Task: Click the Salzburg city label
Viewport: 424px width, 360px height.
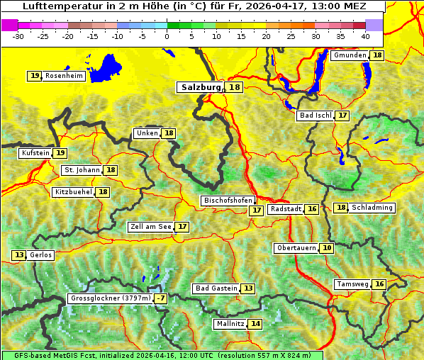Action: (x=200, y=87)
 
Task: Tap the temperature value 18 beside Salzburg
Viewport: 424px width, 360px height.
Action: (x=235, y=87)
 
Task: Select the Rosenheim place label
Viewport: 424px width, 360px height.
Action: (x=64, y=76)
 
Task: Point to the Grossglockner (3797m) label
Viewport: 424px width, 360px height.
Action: (x=111, y=298)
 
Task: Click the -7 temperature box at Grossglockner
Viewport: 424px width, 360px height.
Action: (x=161, y=298)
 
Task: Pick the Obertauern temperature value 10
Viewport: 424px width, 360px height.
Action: (x=326, y=248)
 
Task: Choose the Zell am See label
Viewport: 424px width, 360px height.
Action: (x=151, y=227)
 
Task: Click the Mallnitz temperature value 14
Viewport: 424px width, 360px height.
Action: (x=255, y=324)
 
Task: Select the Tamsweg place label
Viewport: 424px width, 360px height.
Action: (x=352, y=284)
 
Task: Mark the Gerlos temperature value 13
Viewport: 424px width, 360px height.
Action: (x=19, y=255)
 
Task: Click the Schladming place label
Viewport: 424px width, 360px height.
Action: (x=372, y=208)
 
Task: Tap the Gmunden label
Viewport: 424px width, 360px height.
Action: (x=350, y=55)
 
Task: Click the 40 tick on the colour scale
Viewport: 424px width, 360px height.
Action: (x=365, y=36)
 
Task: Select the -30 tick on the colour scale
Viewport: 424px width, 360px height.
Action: (x=18, y=36)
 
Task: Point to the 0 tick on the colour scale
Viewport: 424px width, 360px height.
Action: (x=167, y=36)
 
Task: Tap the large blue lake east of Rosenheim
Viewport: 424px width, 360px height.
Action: (x=107, y=66)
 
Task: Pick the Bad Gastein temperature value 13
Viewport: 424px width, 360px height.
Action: (x=247, y=288)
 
